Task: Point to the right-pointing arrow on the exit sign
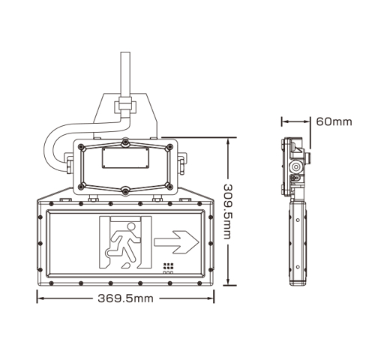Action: tap(176, 241)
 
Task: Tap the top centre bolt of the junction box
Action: tap(124, 142)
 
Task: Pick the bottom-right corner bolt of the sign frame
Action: tap(208, 282)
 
